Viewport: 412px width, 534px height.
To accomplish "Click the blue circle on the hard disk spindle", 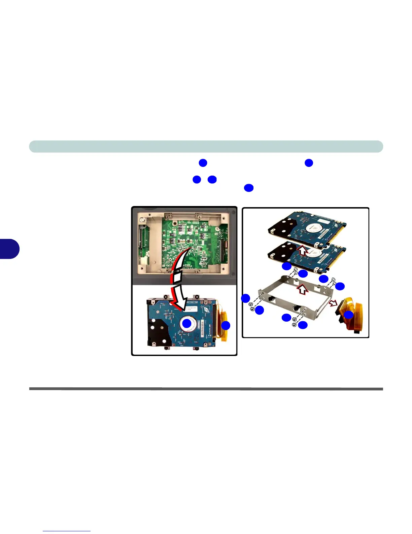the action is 187,324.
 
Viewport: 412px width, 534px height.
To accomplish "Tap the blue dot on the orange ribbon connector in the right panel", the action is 349,315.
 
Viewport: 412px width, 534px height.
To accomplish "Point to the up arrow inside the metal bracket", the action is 302,289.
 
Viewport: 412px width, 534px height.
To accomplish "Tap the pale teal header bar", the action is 206,147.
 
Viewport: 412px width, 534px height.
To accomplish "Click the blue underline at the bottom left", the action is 67,531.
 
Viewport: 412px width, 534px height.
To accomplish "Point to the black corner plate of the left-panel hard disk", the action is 156,330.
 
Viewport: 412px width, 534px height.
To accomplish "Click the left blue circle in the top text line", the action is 203,163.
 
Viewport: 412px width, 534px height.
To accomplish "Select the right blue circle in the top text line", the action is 309,163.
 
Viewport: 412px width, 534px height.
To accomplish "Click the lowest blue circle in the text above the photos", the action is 248,188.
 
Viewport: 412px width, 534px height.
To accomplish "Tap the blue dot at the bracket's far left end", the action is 246,298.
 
